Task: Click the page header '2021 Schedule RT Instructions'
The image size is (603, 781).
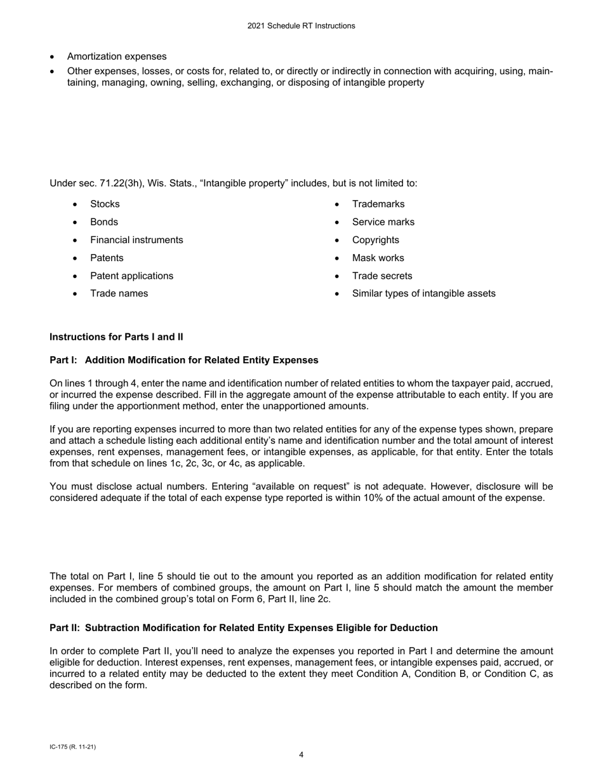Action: (301, 26)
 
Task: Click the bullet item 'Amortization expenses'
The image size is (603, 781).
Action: (117, 57)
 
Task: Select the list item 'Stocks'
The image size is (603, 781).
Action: (105, 204)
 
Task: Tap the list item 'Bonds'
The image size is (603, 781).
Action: (104, 222)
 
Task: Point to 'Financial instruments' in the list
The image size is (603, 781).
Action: (136, 240)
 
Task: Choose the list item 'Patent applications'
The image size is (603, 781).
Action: (131, 276)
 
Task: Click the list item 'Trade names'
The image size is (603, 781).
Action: (119, 293)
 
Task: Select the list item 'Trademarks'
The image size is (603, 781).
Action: (378, 204)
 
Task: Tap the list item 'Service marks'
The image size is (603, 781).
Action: (383, 222)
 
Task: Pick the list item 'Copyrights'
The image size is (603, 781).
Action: (376, 240)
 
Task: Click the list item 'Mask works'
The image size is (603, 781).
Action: (378, 258)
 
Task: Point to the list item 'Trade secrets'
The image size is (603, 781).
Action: (382, 276)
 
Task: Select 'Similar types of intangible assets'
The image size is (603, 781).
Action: (424, 293)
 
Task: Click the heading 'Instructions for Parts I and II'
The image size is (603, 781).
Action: (116, 337)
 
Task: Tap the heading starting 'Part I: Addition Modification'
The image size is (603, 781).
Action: (184, 360)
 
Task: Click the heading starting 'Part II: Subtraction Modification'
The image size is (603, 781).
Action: (244, 628)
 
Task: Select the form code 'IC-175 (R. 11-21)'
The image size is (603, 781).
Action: (72, 747)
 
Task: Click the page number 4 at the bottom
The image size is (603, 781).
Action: (301, 755)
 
